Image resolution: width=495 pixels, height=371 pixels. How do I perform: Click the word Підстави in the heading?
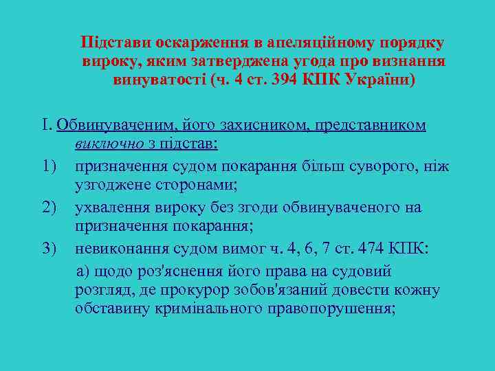coord(111,43)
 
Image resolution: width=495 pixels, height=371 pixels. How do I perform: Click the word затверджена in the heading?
coord(212,61)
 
